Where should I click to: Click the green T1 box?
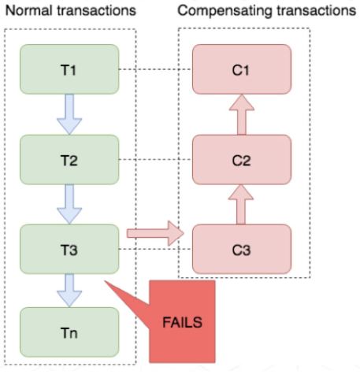point(69,69)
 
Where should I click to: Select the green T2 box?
point(69,160)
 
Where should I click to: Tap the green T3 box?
point(69,249)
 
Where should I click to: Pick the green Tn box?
point(69,332)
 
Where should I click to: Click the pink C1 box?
point(242,69)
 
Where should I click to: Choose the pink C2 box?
point(242,160)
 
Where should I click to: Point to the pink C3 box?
point(242,249)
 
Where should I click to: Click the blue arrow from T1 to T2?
point(69,114)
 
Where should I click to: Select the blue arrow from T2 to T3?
point(69,205)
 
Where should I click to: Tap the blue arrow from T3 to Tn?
point(69,291)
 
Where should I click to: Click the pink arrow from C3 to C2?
point(241,205)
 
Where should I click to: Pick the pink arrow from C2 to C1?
point(242,114)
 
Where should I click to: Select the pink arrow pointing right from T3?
point(155,233)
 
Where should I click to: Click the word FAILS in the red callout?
point(182,322)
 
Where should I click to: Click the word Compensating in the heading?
point(225,11)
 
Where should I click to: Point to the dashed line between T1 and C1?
point(155,69)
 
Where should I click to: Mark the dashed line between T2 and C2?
point(155,159)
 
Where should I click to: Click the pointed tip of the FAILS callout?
point(105,281)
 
